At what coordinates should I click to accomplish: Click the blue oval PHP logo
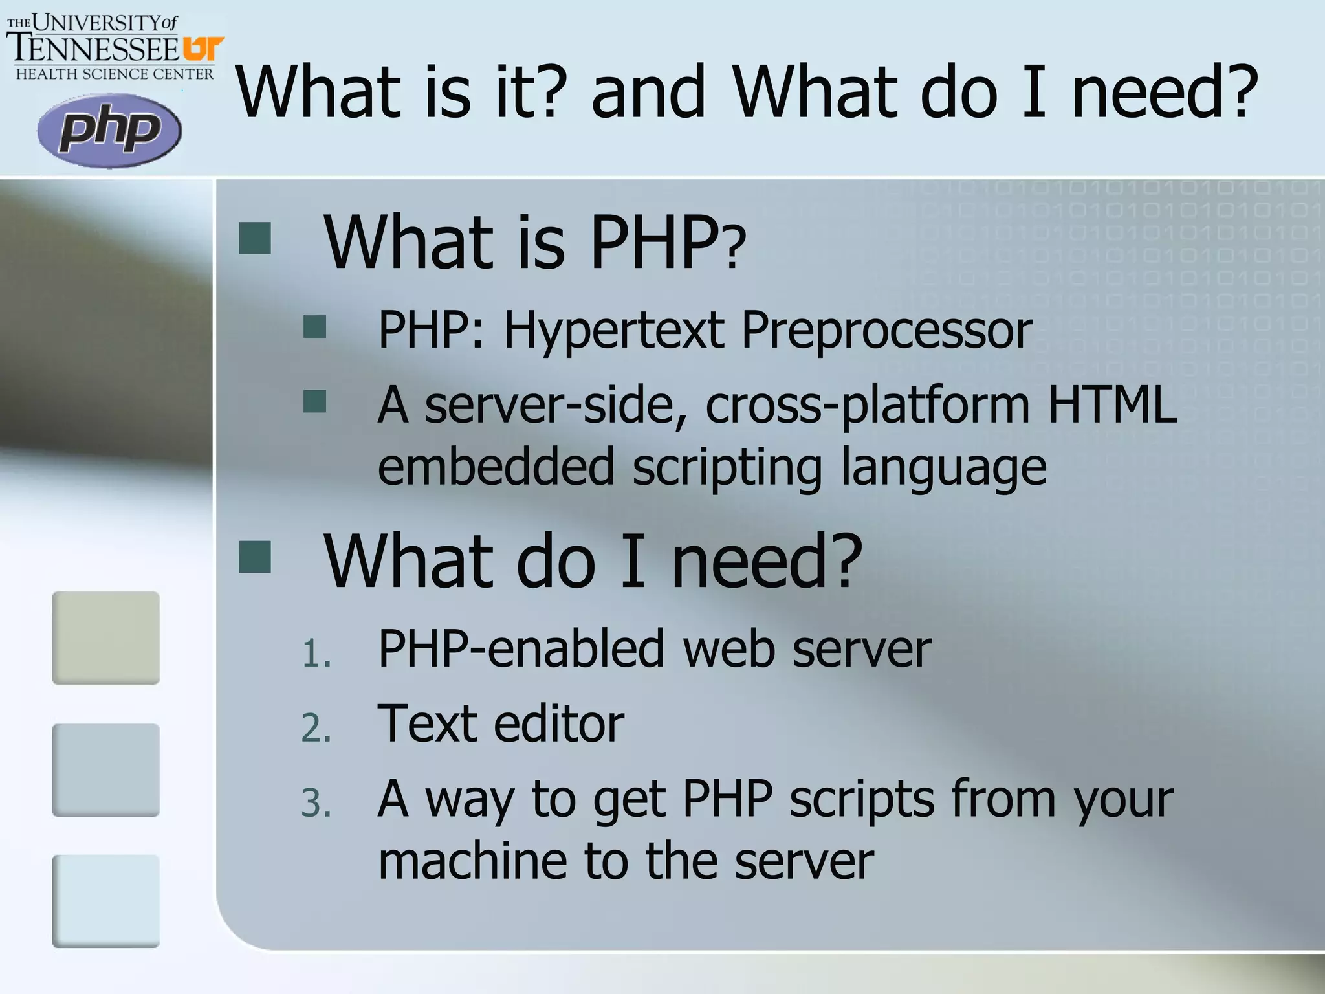coord(109,131)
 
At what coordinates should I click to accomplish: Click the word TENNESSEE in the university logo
coord(93,49)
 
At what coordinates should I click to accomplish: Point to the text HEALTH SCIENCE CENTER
coord(115,74)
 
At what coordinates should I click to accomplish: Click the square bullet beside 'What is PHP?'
coord(255,238)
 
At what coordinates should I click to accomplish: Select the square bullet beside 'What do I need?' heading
coord(255,557)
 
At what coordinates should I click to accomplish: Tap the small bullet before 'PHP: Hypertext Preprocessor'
coord(315,327)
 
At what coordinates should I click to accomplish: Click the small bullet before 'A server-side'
coord(315,401)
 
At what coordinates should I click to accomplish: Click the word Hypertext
coord(614,331)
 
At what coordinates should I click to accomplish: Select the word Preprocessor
coord(886,331)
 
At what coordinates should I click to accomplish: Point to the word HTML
coord(1112,404)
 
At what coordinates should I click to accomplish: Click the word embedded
coord(496,467)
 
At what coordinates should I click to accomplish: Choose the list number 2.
coord(316,729)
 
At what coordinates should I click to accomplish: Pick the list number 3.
coord(316,804)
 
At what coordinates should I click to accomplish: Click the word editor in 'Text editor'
coord(559,723)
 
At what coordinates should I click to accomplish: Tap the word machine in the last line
coord(472,861)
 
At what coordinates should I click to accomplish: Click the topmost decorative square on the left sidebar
coord(106,637)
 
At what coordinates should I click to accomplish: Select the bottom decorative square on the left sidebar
coord(106,901)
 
